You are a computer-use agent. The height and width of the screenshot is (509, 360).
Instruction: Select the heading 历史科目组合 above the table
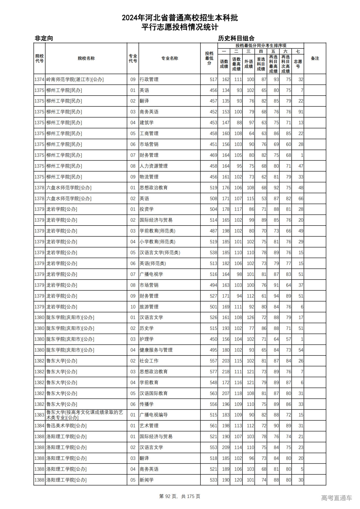click(x=236, y=38)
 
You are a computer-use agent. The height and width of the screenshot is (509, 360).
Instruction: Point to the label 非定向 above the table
click(x=44, y=38)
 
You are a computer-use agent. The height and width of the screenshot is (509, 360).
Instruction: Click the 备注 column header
click(x=315, y=58)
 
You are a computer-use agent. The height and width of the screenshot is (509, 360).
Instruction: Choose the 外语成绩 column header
click(x=249, y=64)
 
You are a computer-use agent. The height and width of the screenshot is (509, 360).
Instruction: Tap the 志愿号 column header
click(x=298, y=64)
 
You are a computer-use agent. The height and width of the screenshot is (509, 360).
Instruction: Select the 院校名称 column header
click(x=86, y=58)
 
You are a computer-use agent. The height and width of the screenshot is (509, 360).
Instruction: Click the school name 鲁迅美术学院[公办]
click(x=66, y=426)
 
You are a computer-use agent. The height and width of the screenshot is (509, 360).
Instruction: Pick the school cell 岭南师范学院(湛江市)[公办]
click(x=75, y=80)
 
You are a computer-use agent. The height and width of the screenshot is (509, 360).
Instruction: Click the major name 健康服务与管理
click(x=156, y=350)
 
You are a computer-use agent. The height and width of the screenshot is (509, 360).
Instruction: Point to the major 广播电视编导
click(x=154, y=415)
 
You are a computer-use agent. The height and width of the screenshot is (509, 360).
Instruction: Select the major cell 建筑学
click(x=147, y=123)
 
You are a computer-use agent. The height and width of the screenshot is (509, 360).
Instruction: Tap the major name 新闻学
click(x=147, y=480)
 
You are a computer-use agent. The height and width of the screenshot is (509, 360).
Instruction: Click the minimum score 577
click(x=213, y=371)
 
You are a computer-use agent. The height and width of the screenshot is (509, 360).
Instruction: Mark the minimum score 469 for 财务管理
click(x=213, y=155)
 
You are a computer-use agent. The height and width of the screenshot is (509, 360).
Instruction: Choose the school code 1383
click(x=39, y=415)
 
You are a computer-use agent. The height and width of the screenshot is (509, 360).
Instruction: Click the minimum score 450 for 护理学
click(x=213, y=339)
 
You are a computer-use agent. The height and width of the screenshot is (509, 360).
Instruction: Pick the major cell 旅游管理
click(x=149, y=307)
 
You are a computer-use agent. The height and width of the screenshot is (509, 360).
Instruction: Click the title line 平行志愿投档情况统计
click(x=180, y=27)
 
